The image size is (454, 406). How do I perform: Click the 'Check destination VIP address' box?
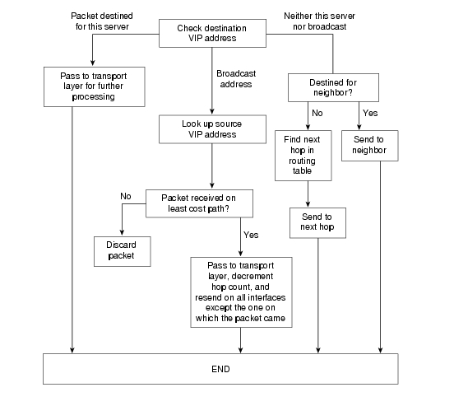pos(212,33)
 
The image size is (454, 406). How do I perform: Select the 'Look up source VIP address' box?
pos(212,129)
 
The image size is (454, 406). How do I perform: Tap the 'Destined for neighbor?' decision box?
pos(333,87)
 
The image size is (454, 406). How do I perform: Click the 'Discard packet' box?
pos(123,251)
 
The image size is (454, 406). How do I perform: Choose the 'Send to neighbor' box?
pos(370,146)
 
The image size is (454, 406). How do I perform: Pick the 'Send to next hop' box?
pos(317,223)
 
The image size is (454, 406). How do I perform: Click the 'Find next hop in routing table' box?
pos(303,156)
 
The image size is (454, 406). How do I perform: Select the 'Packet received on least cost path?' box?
pos(199,203)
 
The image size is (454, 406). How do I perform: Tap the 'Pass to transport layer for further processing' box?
pos(95,87)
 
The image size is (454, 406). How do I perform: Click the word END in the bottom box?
pos(220,369)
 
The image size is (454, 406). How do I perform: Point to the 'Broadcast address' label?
pos(236,79)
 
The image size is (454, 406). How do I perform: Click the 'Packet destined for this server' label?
pos(102,21)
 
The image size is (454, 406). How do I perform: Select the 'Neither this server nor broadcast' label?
pos(319,21)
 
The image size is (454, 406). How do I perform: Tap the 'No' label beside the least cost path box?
pos(126,196)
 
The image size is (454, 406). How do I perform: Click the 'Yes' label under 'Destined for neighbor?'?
pos(370,113)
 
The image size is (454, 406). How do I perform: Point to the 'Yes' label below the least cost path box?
pos(251,235)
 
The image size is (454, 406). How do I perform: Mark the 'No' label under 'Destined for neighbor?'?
pos(317,113)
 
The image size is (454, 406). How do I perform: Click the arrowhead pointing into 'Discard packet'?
pos(122,232)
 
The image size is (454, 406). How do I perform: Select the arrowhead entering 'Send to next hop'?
pos(308,204)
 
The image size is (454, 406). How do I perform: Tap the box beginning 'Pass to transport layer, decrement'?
pos(241,292)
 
